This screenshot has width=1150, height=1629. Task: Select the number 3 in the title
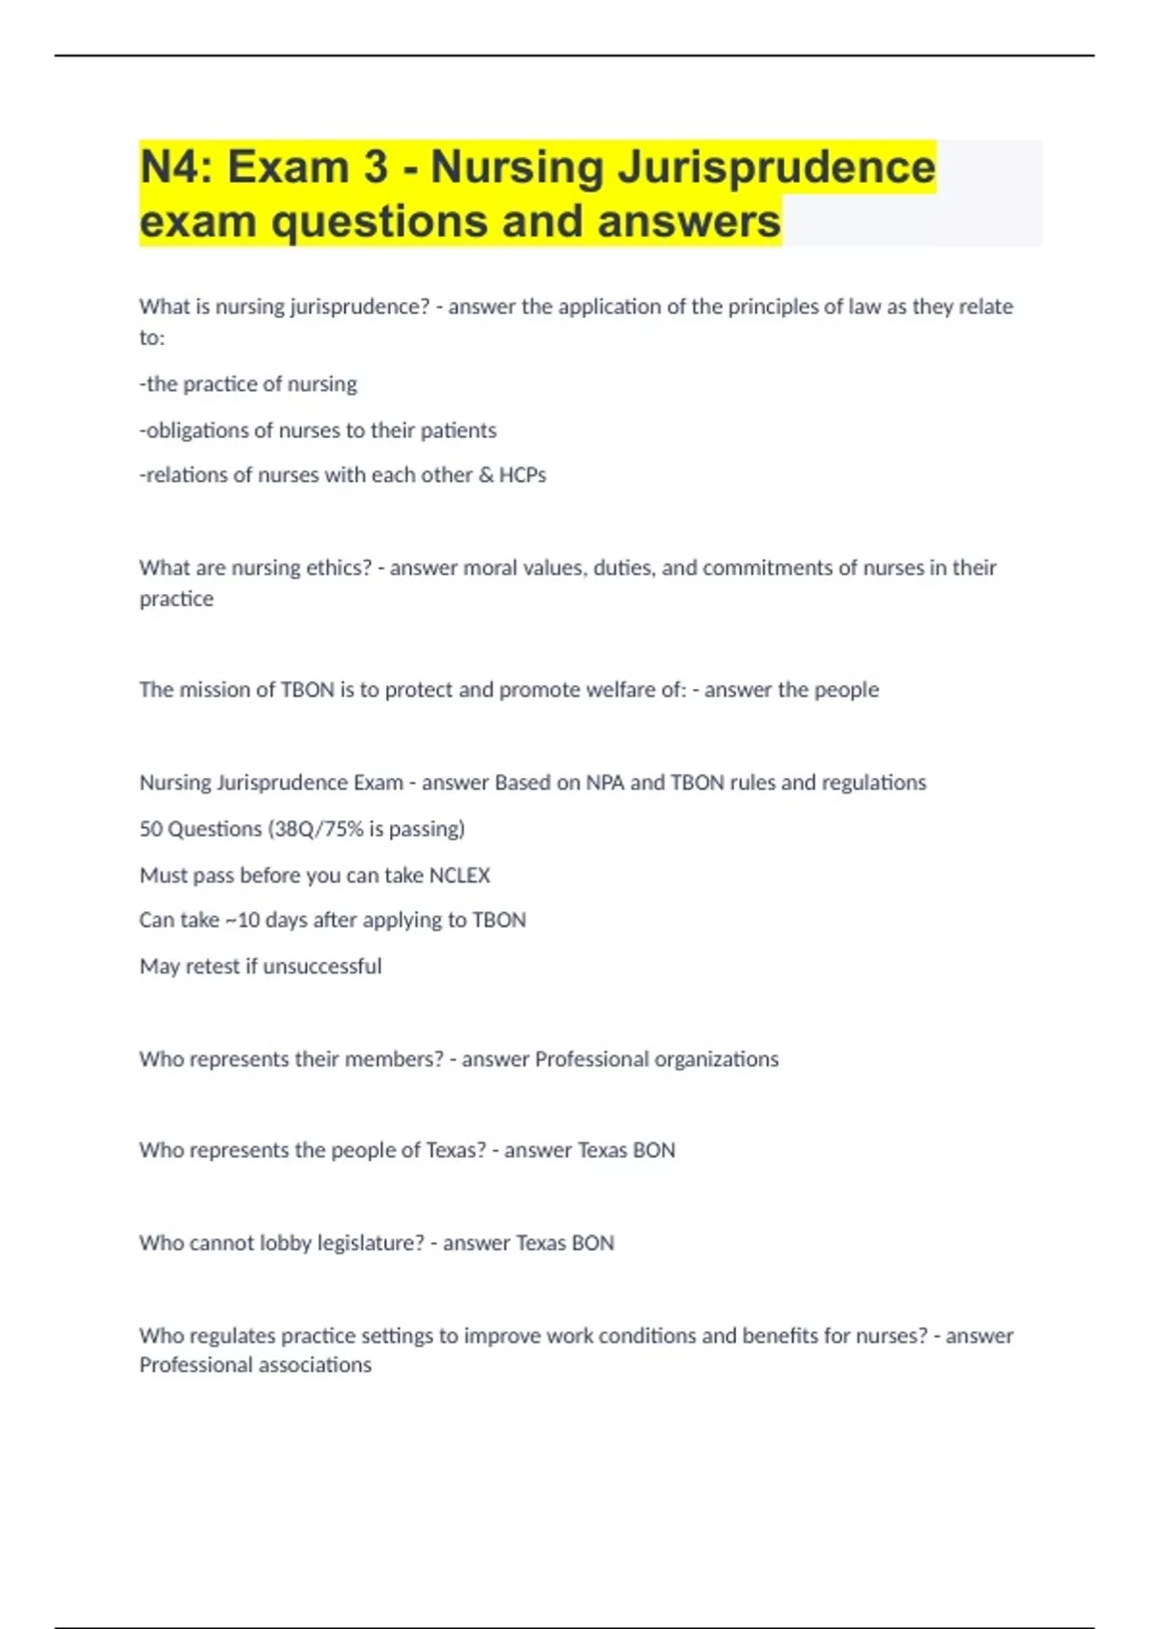376,168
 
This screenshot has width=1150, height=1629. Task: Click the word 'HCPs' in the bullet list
522,475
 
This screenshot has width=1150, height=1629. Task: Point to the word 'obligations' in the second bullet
195,430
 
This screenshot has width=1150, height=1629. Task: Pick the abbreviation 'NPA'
605,783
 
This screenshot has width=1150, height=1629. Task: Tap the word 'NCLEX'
459,875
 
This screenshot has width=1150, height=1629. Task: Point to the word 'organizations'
716,1059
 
